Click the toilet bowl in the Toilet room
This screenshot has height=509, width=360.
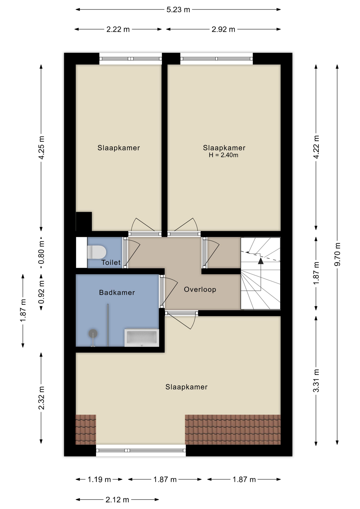pyautogui.click(x=96, y=252)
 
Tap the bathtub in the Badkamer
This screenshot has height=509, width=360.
pyautogui.click(x=142, y=338)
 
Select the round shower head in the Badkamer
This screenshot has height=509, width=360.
pyautogui.click(x=93, y=334)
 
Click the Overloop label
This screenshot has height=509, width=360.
pyautogui.click(x=200, y=289)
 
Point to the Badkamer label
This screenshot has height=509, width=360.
pyautogui.click(x=117, y=292)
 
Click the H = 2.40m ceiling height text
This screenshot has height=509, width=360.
pyautogui.click(x=223, y=155)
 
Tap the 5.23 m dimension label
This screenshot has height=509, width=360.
pyautogui.click(x=178, y=10)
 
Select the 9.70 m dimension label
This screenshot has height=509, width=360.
pyautogui.click(x=337, y=254)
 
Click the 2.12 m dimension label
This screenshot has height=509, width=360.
pyautogui.click(x=117, y=500)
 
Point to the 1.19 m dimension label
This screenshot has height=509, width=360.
pyautogui.click(x=99, y=479)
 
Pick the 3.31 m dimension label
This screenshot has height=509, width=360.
pyautogui.click(x=316, y=380)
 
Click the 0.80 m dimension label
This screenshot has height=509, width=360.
pyautogui.click(x=41, y=253)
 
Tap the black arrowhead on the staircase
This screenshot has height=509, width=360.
pyautogui.click(x=261, y=261)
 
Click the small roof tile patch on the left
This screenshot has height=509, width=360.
pyautogui.click(x=86, y=429)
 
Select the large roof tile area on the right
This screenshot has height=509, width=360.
pyautogui.click(x=233, y=429)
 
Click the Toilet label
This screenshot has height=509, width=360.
pyautogui.click(x=111, y=262)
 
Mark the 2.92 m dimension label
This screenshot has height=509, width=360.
pyautogui.click(x=223, y=29)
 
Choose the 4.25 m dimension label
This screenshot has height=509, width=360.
pyautogui.click(x=41, y=148)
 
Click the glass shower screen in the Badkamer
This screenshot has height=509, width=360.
pyautogui.click(x=108, y=325)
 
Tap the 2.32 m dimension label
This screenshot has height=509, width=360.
pyautogui.click(x=41, y=398)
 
